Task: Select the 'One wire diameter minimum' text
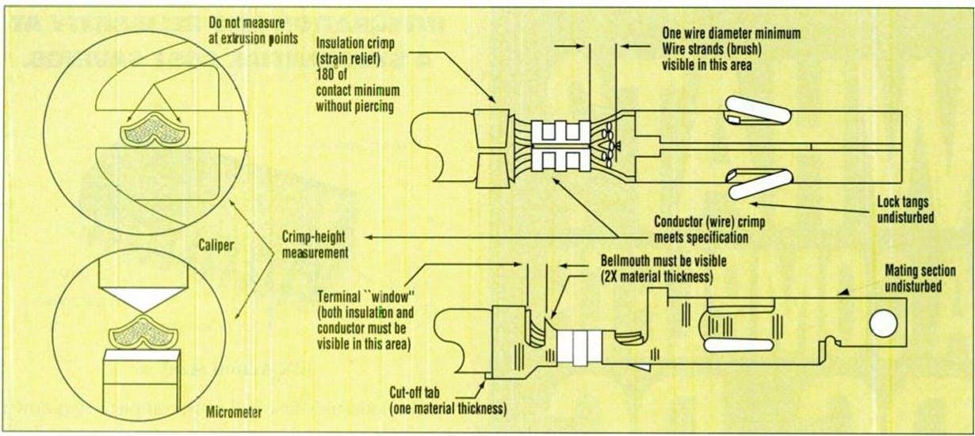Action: point(731,33)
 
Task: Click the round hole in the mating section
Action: point(882,323)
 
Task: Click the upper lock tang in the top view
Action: point(758,109)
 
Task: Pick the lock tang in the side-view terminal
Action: point(736,345)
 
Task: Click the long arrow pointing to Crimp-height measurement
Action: point(491,236)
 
